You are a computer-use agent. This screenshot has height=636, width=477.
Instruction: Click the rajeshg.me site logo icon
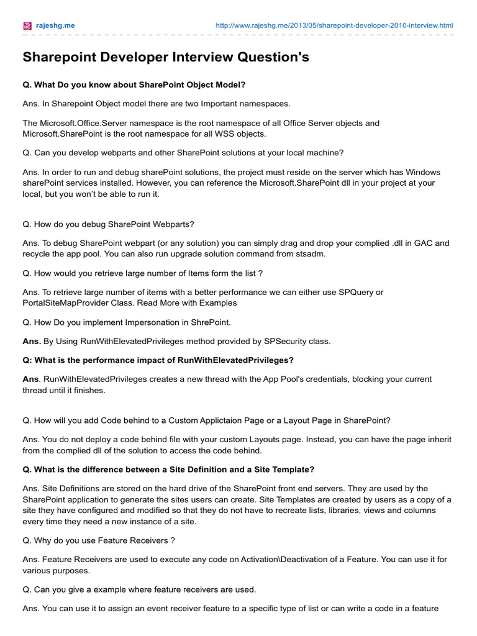[x=27, y=25]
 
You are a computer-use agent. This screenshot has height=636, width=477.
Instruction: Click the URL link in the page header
[x=334, y=25]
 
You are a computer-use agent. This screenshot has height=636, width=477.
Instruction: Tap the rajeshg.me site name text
[x=54, y=25]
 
